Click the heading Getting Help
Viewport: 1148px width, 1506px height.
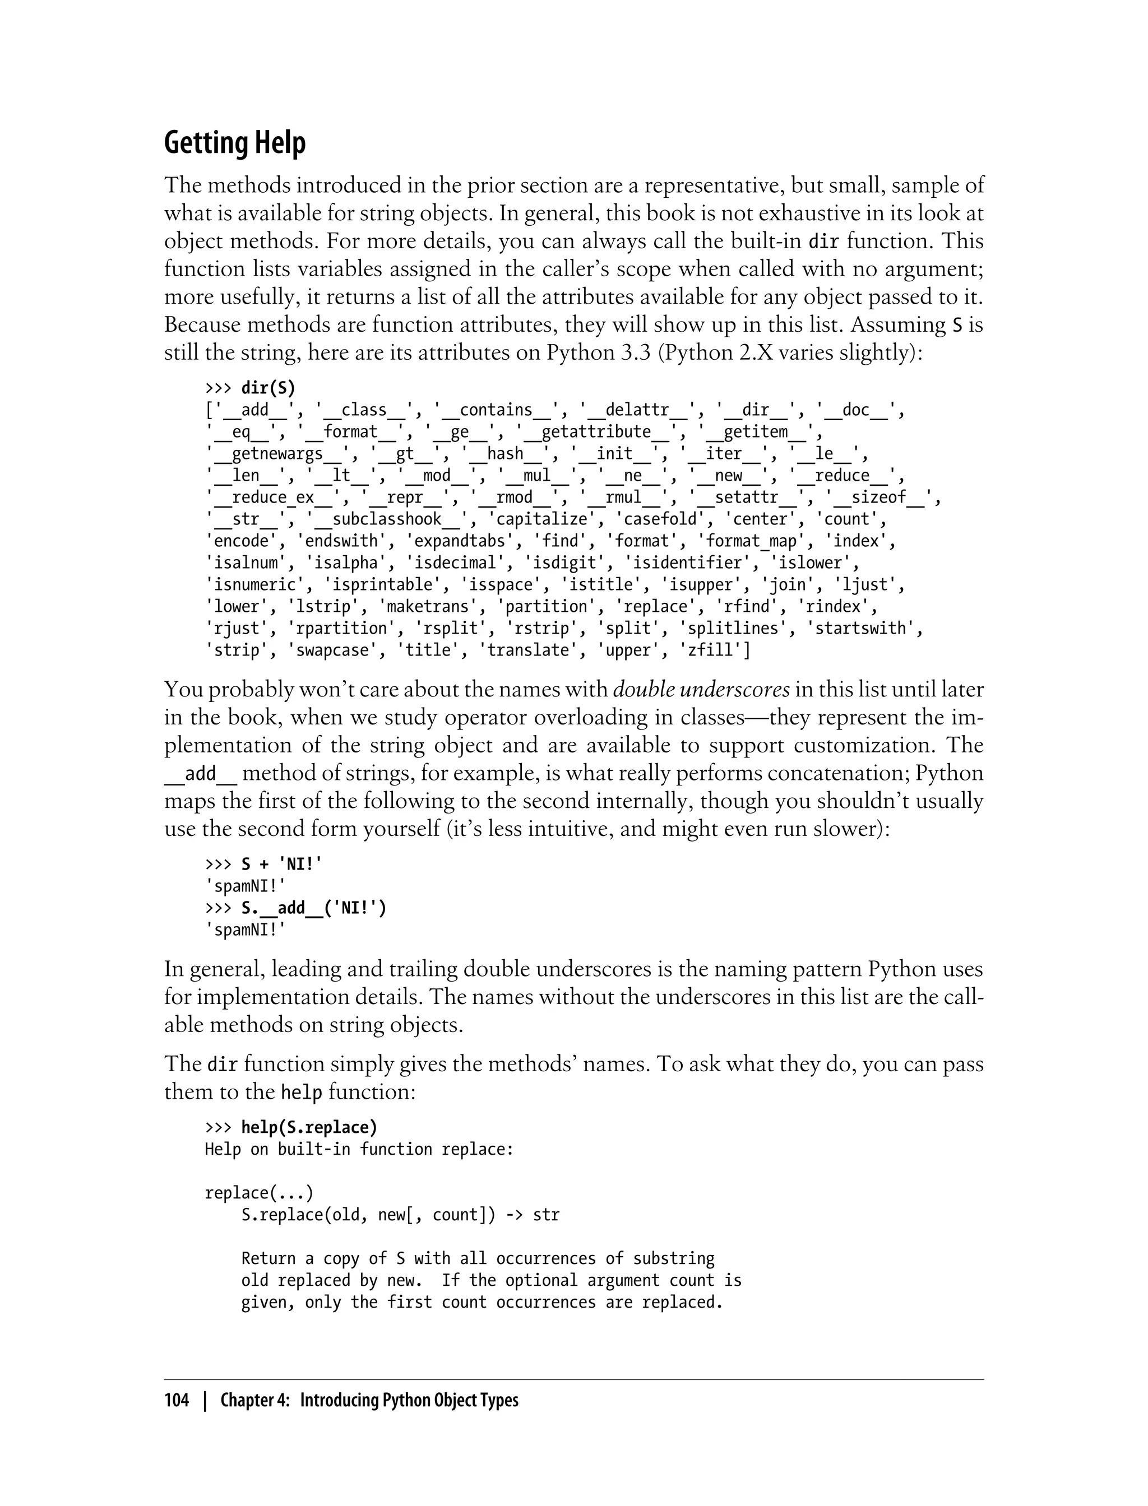point(234,143)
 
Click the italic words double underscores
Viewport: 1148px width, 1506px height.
point(701,690)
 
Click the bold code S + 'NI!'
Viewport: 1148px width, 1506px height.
point(281,864)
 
